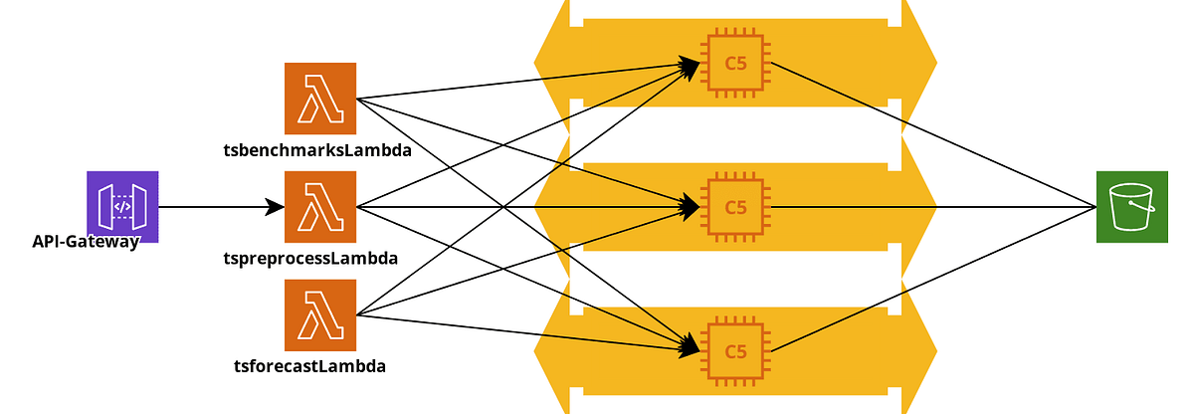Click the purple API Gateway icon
coord(122,207)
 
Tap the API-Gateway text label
coord(85,241)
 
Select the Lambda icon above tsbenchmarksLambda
coord(320,99)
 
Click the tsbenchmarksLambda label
coord(317,151)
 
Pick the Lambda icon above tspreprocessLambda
coord(320,207)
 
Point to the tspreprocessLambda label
coord(310,259)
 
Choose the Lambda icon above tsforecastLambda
coord(320,315)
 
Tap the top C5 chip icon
coord(736,64)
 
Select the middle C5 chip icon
coord(736,207)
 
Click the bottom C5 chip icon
coord(736,350)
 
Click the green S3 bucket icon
coord(1131,207)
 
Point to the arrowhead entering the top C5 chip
coord(690,66)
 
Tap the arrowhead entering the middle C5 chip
coord(690,207)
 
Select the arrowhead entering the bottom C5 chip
coord(690,347)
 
